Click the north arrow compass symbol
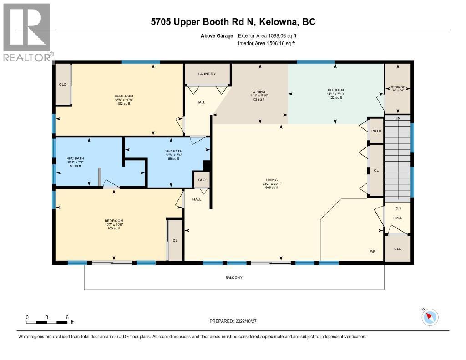click(430, 317)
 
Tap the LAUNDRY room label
click(207, 74)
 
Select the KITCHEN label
click(336, 90)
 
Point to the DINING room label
click(259, 91)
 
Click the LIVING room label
click(272, 180)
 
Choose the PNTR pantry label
click(376, 131)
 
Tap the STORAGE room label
click(398, 87)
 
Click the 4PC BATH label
click(75, 158)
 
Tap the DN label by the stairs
click(398, 208)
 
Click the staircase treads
click(398, 157)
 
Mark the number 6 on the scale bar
click(67, 317)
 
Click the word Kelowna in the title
click(278, 22)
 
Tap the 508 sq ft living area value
click(272, 187)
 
